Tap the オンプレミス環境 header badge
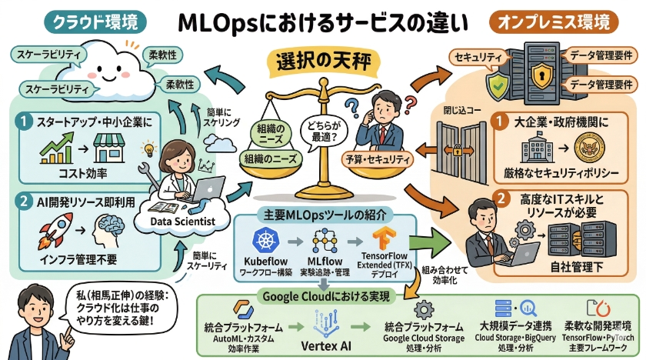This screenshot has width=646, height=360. pos(554,22)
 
